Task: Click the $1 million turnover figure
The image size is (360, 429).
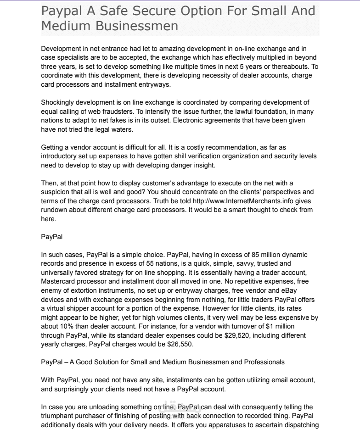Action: tap(293, 327)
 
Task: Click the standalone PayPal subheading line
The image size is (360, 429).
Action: tap(51, 237)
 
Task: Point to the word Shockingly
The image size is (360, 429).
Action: tap(58, 102)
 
